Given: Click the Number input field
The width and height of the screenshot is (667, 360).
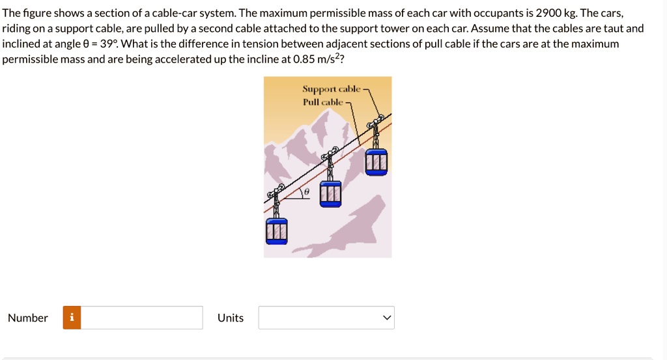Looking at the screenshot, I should [x=141, y=318].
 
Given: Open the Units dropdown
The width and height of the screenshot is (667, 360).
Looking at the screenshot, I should [x=326, y=318].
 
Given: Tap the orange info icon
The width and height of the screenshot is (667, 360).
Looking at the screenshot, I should [x=72, y=318].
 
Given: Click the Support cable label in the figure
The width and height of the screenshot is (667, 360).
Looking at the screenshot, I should [x=331, y=89].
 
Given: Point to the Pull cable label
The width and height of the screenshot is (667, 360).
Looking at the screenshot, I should [x=322, y=102].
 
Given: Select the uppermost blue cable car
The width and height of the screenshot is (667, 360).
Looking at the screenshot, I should [x=376, y=162].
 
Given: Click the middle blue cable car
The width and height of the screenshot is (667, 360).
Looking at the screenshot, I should [x=330, y=194].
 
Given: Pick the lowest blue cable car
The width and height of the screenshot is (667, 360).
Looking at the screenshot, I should [x=276, y=231].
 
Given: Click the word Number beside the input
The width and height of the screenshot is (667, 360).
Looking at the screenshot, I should [x=28, y=318].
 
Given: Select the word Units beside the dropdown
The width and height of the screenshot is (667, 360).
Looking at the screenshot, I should [x=231, y=318].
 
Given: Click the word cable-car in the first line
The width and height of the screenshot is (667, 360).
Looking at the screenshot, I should [x=173, y=13].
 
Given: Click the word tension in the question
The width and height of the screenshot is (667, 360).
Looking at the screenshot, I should [x=240, y=44].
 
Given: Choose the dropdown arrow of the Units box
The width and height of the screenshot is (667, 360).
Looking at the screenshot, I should [x=387, y=318].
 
